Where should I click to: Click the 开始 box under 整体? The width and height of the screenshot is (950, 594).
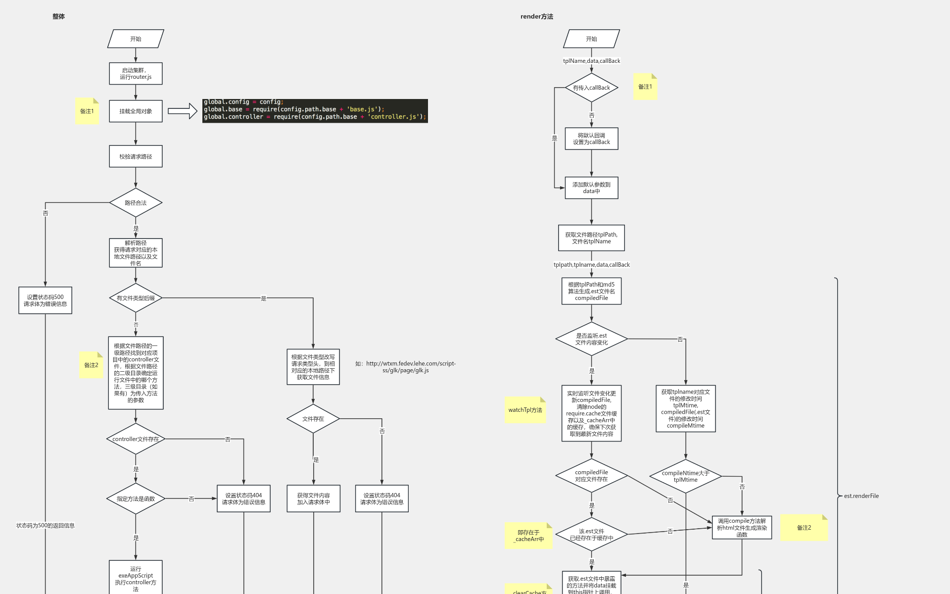point(136,39)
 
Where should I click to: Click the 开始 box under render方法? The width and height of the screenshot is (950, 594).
point(591,39)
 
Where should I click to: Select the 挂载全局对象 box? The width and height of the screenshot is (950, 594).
point(136,111)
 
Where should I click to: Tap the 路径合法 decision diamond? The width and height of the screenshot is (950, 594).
point(136,202)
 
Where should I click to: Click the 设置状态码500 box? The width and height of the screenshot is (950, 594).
point(45,300)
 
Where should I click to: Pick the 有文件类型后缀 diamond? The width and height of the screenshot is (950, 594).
point(136,298)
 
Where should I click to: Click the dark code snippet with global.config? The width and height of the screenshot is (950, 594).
point(315,110)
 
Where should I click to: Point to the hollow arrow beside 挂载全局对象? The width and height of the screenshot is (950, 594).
point(182,111)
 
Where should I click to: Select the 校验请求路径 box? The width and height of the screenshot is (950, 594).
point(136,156)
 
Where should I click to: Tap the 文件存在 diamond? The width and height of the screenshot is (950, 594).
point(313,419)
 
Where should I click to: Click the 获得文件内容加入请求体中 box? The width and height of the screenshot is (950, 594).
point(313,498)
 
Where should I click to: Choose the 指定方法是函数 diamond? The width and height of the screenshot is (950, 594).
point(136,498)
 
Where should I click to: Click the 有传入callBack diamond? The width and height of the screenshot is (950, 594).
point(591,88)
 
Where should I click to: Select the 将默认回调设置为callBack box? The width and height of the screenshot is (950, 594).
point(591,139)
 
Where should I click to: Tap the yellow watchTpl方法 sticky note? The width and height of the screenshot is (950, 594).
point(525,410)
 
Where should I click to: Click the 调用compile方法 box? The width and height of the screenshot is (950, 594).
point(742,528)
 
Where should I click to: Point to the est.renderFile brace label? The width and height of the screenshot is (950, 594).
point(861,496)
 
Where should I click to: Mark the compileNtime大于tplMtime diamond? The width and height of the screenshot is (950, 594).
point(685,476)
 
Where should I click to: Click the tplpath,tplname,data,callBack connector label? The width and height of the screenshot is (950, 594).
point(591,265)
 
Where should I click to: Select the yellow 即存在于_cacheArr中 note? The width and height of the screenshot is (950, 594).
point(528,536)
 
